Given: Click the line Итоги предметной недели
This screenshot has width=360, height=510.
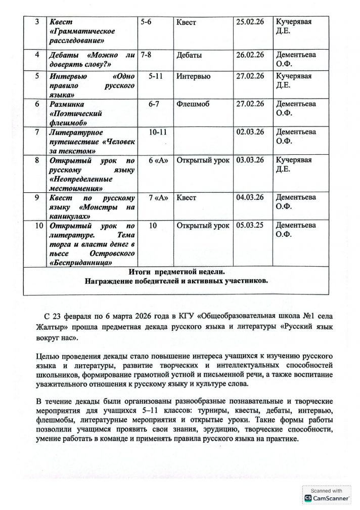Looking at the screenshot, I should coord(177,272).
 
